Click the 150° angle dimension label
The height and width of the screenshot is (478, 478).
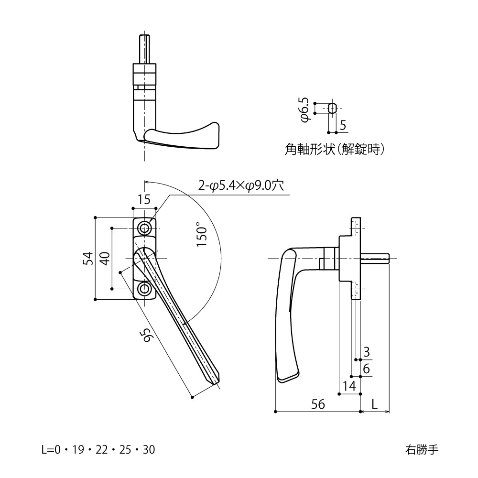pyautogui.click(x=202, y=234)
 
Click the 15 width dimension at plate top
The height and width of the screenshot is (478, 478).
pyautogui.click(x=144, y=200)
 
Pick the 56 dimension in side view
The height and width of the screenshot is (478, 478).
pyautogui.click(x=318, y=404)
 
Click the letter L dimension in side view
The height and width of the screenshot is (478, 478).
pyautogui.click(x=375, y=404)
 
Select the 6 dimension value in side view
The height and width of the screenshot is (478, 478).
pyautogui.click(x=366, y=369)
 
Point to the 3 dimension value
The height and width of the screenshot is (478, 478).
pyautogui.click(x=366, y=352)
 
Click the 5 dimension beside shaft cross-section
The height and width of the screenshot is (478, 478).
pyautogui.click(x=342, y=125)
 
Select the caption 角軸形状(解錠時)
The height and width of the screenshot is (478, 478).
pyautogui.click(x=334, y=150)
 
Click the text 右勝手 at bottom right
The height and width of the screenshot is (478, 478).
pyautogui.click(x=421, y=450)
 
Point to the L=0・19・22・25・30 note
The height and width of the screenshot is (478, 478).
pyautogui.click(x=98, y=450)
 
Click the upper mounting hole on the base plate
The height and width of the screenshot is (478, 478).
pyautogui.click(x=144, y=227)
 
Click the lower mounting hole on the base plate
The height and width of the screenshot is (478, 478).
pyautogui.click(x=144, y=289)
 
